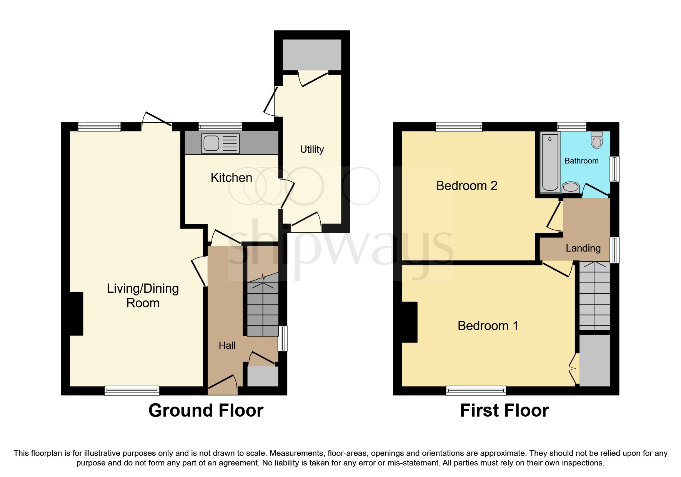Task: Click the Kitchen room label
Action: click(231, 178)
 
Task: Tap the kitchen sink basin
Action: click(211, 143)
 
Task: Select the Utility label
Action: click(312, 149)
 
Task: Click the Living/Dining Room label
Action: click(143, 295)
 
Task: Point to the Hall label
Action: click(227, 345)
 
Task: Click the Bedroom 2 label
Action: click(466, 186)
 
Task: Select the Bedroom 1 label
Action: click(488, 326)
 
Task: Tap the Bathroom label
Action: click(581, 161)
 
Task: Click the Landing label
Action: click(583, 248)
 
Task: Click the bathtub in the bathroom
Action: click(550, 162)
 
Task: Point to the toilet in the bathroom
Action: click(597, 140)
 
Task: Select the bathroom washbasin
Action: click(571, 188)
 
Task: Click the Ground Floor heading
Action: click(206, 410)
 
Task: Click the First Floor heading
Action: click(504, 410)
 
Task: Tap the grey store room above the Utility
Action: click(312, 55)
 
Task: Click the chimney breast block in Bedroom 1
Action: click(410, 322)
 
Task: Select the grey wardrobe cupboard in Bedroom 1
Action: click(594, 360)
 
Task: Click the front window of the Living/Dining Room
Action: click(132, 390)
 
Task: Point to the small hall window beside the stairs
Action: click(283, 338)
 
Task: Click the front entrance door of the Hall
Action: click(223, 387)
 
